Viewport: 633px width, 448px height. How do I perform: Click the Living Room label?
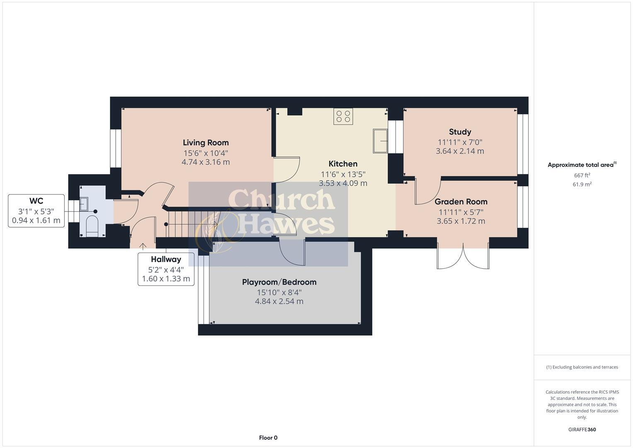206,143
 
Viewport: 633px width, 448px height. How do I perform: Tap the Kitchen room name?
343,164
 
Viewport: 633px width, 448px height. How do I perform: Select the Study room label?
460,132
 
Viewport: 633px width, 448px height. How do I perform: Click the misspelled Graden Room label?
461,202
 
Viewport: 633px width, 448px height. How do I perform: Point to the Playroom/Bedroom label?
279,282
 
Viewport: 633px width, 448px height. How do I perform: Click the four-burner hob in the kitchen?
343,117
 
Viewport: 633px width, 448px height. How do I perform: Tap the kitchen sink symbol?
380,141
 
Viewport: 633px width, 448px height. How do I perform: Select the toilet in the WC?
92,226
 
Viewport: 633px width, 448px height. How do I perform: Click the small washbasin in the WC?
84,204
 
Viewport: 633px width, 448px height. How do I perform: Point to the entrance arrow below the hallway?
143,247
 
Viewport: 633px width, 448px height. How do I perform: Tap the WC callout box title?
36,201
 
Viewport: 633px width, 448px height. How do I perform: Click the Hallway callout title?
166,259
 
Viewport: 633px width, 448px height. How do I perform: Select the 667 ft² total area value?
582,175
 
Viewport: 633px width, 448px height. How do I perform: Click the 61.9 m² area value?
582,185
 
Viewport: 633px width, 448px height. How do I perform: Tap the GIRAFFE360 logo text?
582,429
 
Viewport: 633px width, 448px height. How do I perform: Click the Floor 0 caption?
268,438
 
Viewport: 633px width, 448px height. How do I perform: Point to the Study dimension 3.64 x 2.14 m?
460,151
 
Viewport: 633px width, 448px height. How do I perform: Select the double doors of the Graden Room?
463,256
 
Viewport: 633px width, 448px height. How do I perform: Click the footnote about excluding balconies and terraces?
582,367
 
